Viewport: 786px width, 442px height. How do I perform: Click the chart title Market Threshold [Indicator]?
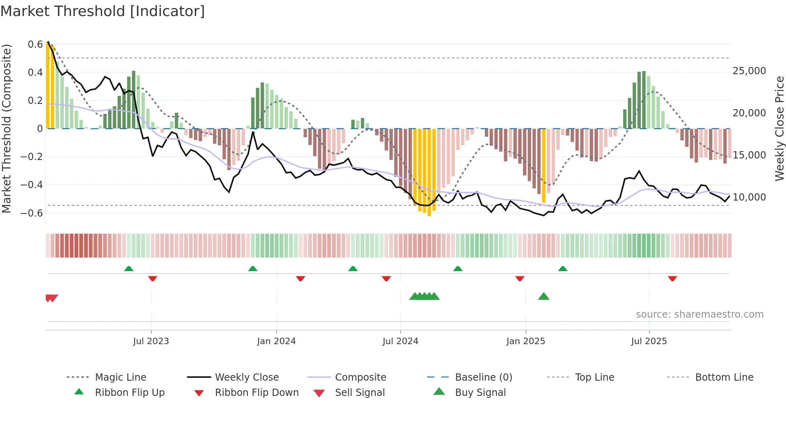pyautogui.click(x=103, y=11)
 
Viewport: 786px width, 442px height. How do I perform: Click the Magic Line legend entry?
pyautogui.click(x=120, y=377)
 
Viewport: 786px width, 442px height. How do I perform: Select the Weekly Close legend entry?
pyautogui.click(x=247, y=377)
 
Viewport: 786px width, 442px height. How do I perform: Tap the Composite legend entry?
pyautogui.click(x=360, y=377)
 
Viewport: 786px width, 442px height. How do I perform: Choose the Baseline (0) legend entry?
pyautogui.click(x=483, y=377)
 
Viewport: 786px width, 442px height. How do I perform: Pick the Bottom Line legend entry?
pyautogui.click(x=724, y=377)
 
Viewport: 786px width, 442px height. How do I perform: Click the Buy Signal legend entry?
pyautogui.click(x=480, y=393)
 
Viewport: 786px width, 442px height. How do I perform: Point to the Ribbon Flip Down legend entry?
pyautogui.click(x=257, y=393)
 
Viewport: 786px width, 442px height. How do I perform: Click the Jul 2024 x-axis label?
pyautogui.click(x=400, y=341)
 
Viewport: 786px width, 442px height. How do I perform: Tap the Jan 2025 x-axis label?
pyautogui.click(x=525, y=341)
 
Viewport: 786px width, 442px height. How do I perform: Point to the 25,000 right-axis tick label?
pyautogui.click(x=749, y=71)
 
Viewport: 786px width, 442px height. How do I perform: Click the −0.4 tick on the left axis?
pyautogui.click(x=32, y=185)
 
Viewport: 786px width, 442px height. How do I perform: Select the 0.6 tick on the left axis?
pyautogui.click(x=35, y=45)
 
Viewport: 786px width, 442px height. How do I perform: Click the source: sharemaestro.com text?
pyautogui.click(x=699, y=314)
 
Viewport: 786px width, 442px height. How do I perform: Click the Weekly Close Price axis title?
pyautogui.click(x=779, y=128)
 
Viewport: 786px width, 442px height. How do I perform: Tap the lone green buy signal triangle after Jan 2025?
pyautogui.click(x=543, y=296)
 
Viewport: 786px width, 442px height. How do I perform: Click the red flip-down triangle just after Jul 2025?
pyautogui.click(x=673, y=279)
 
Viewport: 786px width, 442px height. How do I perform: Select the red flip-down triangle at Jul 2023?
pyautogui.click(x=152, y=279)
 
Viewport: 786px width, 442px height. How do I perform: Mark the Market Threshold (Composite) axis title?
pyautogui.click(x=6, y=128)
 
